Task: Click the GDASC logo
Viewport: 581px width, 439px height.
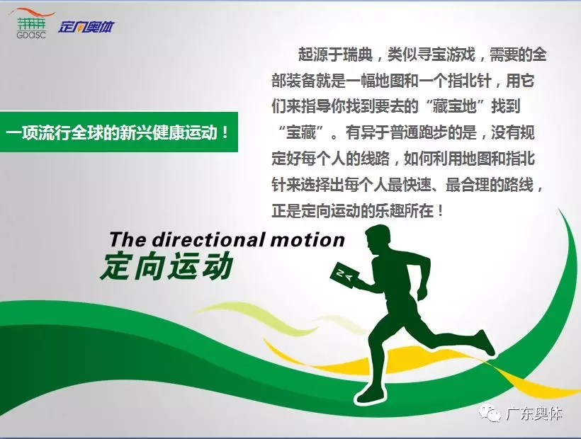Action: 32,23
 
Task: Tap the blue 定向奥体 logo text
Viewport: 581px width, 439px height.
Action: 86,27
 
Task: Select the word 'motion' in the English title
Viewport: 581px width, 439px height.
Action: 308,240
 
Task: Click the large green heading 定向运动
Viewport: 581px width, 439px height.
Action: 167,266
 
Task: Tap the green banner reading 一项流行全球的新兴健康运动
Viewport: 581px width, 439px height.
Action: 118,132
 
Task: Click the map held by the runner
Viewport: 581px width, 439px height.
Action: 344,275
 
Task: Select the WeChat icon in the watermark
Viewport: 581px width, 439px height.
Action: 490,413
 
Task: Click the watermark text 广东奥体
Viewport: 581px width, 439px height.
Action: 534,414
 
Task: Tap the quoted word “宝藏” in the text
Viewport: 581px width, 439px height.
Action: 301,132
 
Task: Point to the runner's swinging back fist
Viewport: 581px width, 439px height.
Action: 422,293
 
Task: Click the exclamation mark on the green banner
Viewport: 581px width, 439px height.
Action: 225,132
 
